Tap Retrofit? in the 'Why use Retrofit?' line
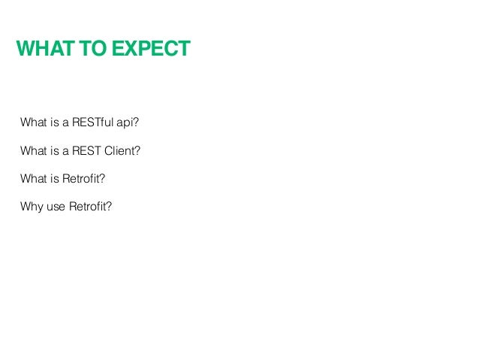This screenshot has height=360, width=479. tap(90, 205)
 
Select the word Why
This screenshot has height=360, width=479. tap(31, 205)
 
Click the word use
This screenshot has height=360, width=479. tap(55, 205)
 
